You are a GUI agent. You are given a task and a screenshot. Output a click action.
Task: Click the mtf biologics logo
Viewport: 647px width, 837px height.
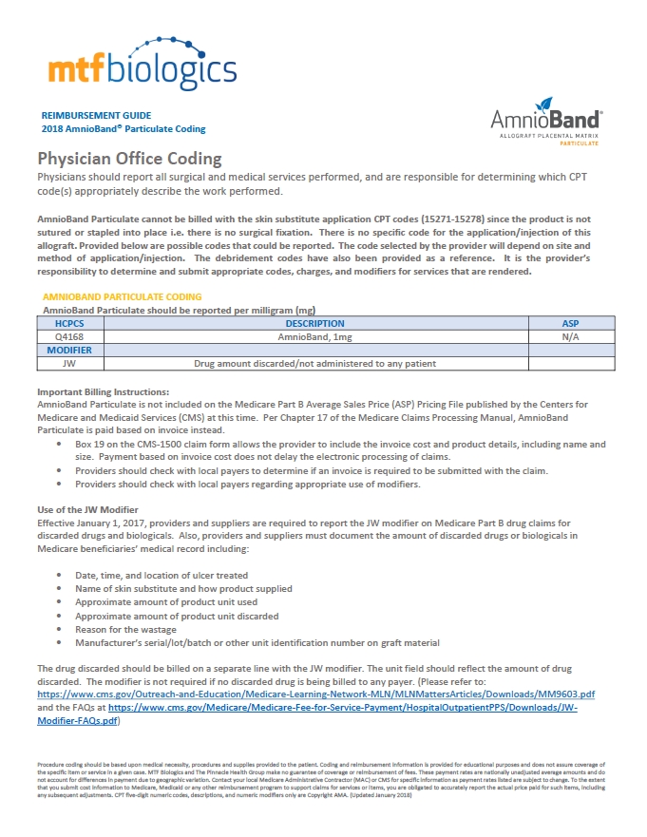click(142, 63)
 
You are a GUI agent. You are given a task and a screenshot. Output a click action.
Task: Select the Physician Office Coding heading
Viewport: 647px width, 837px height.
click(129, 159)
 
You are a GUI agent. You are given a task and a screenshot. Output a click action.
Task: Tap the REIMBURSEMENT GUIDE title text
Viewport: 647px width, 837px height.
click(96, 114)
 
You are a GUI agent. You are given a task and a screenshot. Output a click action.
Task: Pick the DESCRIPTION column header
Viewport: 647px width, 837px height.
click(314, 324)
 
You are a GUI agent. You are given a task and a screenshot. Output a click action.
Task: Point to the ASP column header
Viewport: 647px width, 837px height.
click(570, 324)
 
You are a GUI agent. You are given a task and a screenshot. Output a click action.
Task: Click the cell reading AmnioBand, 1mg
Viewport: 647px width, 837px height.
click(314, 336)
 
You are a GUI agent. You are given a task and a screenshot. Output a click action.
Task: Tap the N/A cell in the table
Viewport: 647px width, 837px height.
click(570, 336)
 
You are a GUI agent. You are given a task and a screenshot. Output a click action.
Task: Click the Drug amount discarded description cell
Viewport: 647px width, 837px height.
click(314, 363)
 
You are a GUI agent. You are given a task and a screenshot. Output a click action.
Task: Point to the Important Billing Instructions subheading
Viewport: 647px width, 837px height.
click(103, 392)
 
